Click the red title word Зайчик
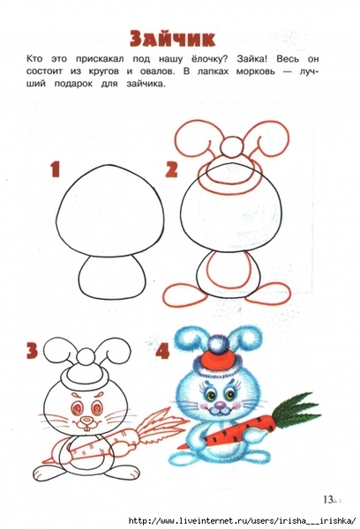pos(173,39)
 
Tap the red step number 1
pos(56,169)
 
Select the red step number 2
pos(171,169)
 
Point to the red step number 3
pos(33,350)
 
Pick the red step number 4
pos(162,350)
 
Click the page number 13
pos(328,499)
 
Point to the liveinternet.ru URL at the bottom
pos(242,520)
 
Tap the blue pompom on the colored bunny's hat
pos(217,342)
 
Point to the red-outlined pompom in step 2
pos(231,146)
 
